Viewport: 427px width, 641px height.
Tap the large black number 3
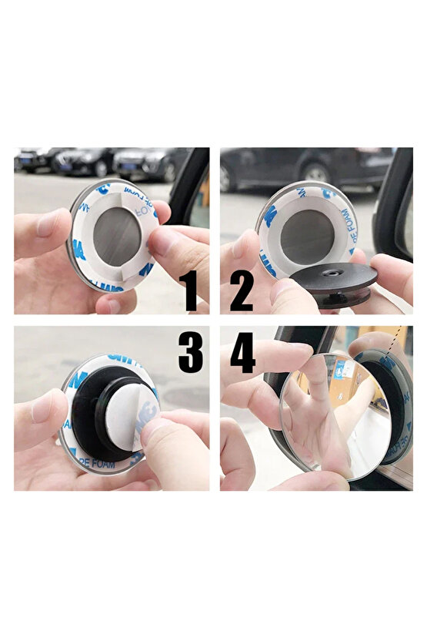[190, 352]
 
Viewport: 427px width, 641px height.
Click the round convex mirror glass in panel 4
[331, 416]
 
